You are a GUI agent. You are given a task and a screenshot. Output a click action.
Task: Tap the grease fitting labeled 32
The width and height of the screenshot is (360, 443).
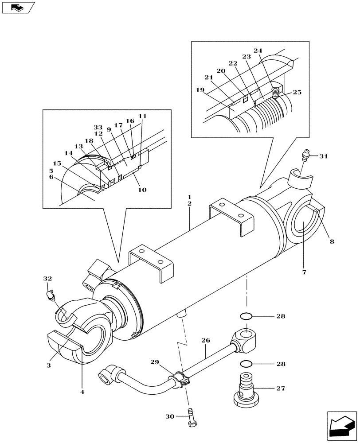pos(51,294)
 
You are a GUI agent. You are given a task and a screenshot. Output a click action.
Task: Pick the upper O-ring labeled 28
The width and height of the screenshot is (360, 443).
pos(247,317)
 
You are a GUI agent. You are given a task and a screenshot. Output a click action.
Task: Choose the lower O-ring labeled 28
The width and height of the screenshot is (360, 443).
pos(247,364)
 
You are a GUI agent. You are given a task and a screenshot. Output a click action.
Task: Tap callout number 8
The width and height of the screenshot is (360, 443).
pos(332,241)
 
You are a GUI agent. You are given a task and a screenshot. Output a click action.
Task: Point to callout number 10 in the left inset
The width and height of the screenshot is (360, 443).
pos(142,190)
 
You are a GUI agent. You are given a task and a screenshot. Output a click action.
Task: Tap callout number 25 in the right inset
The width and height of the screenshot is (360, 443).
pos(297,92)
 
